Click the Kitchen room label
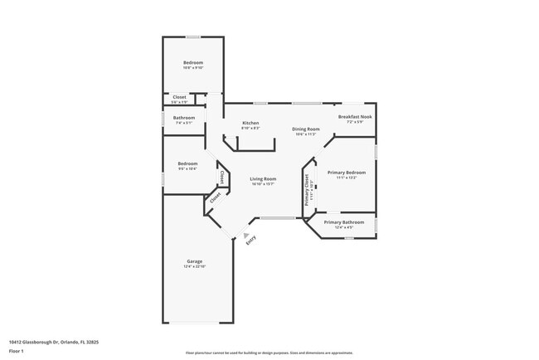[x=250, y=123]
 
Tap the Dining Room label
[x=306, y=129]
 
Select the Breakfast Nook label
[x=355, y=117]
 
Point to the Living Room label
[x=264, y=178]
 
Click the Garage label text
[x=194, y=261]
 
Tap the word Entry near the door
[x=251, y=240]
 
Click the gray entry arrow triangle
[x=245, y=235]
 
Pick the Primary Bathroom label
[x=343, y=222]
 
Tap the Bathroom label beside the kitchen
[x=184, y=118]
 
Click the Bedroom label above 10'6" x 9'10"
[x=192, y=62]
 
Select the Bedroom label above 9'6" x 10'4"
[x=187, y=163]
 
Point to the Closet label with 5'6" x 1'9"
[x=179, y=97]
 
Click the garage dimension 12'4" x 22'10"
[x=194, y=266]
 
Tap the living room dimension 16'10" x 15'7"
[x=264, y=183]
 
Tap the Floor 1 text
[x=17, y=351]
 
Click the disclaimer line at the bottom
[x=269, y=352]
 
